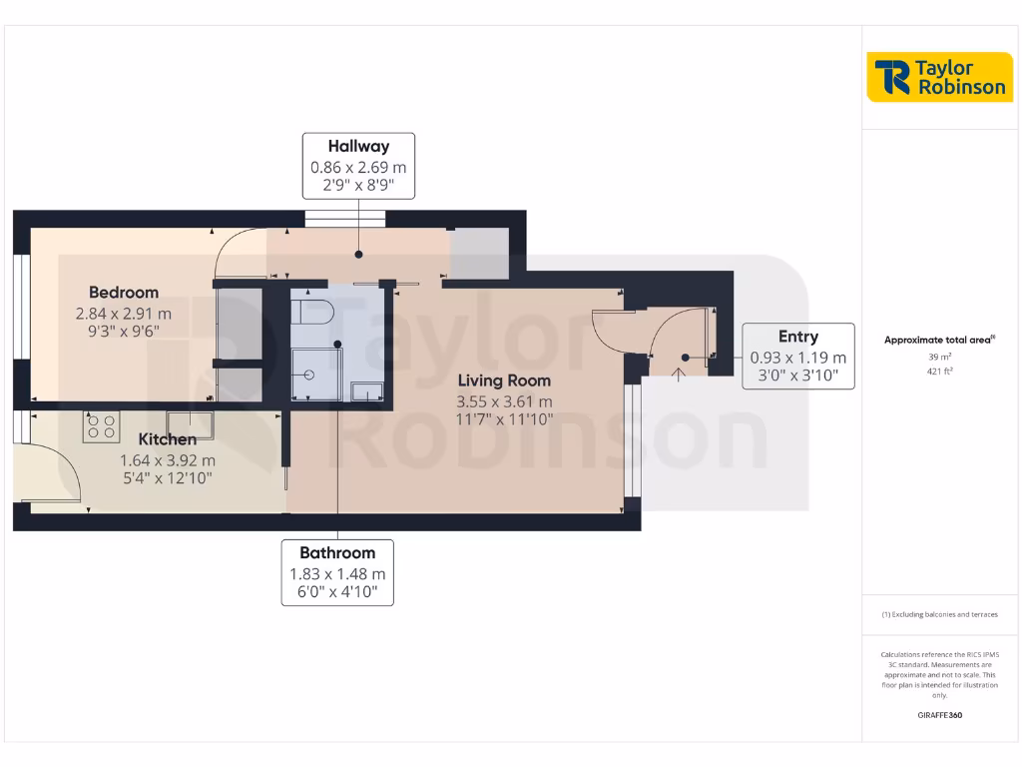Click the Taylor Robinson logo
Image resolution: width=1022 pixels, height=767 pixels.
(x=939, y=77)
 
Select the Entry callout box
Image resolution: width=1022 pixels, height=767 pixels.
(x=797, y=357)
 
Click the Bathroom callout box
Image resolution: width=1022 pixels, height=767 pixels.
(x=337, y=572)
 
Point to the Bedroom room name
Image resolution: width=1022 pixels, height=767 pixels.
(x=124, y=293)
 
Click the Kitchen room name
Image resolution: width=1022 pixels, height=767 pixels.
(x=167, y=439)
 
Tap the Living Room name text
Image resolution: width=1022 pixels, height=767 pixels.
(x=504, y=381)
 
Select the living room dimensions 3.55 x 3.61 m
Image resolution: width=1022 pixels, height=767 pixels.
(x=504, y=402)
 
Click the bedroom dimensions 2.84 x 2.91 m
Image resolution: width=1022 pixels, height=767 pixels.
(x=124, y=314)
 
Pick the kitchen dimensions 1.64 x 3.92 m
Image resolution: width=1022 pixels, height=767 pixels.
(x=167, y=460)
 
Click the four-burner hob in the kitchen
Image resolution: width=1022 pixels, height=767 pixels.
(x=101, y=426)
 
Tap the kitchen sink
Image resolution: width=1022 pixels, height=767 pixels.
(x=190, y=424)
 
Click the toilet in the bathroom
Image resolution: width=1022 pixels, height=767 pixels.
(x=311, y=311)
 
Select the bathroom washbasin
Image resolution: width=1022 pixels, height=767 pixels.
(x=367, y=391)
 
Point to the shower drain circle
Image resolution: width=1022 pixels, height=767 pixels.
(x=309, y=375)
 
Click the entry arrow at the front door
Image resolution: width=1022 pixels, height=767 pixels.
(x=679, y=375)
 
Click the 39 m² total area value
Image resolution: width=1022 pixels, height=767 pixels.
(x=938, y=356)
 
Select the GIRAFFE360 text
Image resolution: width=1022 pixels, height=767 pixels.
(x=939, y=715)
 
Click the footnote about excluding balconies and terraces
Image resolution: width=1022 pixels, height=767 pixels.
(x=939, y=615)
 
